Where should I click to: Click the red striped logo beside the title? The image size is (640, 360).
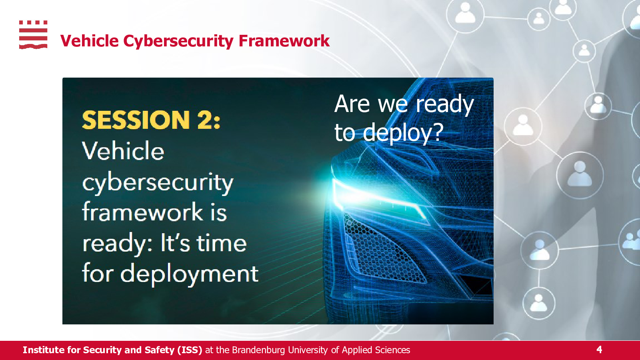click(33, 34)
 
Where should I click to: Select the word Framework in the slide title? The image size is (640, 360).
click(284, 40)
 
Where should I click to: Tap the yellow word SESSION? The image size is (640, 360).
click(136, 120)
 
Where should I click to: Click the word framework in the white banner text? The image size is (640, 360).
click(142, 212)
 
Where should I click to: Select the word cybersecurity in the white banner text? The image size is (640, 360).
click(158, 182)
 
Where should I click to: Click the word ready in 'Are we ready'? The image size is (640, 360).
click(444, 104)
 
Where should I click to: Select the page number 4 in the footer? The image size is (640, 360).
click(599, 350)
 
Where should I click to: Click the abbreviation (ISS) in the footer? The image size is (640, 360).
click(190, 350)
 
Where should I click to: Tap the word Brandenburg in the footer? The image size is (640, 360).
click(258, 350)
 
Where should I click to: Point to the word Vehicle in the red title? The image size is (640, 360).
click(90, 40)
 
